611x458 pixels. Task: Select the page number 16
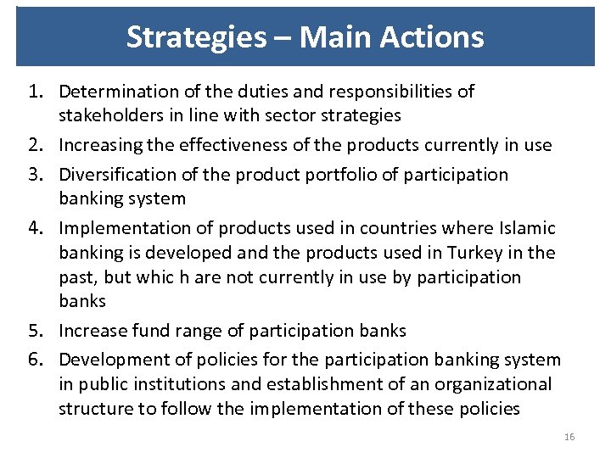tap(569, 437)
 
